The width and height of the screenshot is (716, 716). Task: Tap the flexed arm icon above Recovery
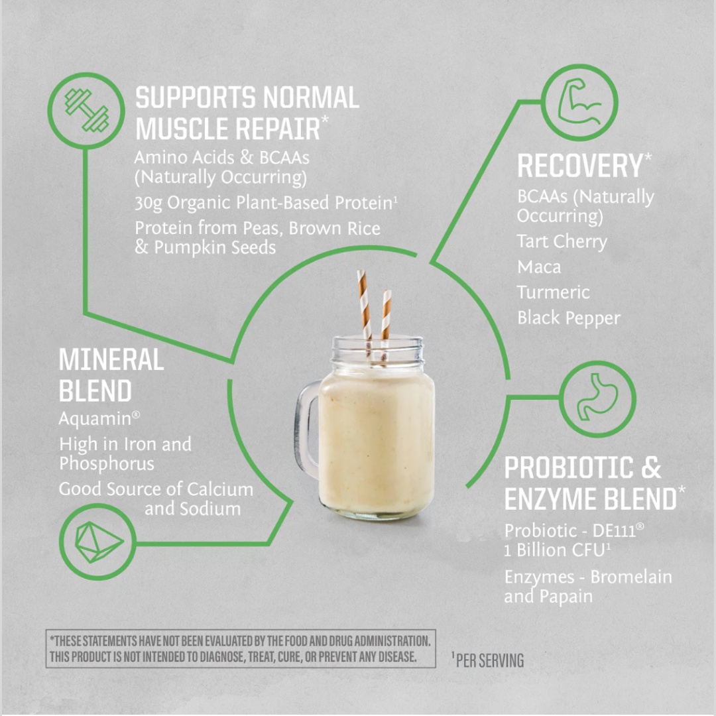click(579, 102)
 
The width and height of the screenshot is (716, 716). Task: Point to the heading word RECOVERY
click(579, 166)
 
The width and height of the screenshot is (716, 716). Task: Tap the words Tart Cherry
click(562, 242)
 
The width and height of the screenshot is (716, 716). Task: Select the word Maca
click(539, 267)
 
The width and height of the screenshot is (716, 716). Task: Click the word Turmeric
click(553, 292)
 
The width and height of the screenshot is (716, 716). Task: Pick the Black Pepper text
click(568, 318)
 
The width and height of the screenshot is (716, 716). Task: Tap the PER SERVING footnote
click(489, 660)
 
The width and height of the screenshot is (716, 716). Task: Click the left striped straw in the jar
click(363, 305)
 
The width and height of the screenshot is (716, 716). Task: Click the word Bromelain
click(630, 577)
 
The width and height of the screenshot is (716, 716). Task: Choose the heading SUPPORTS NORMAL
click(247, 98)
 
